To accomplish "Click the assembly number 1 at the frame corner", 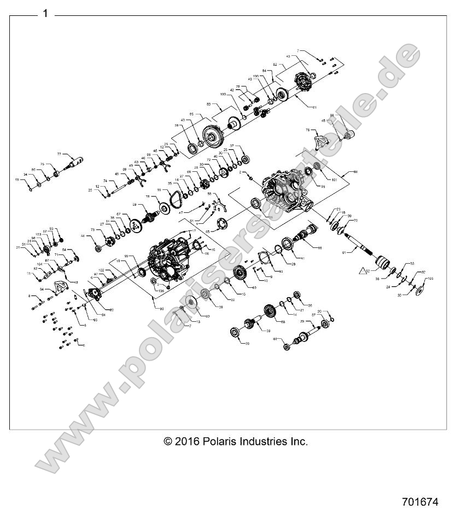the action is (x=45, y=14).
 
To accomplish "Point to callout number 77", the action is (x=60, y=155).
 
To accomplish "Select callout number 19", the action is (x=17, y=180).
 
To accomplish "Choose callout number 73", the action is (x=93, y=230).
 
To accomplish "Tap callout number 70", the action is (x=355, y=221).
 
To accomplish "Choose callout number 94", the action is (x=41, y=289).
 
